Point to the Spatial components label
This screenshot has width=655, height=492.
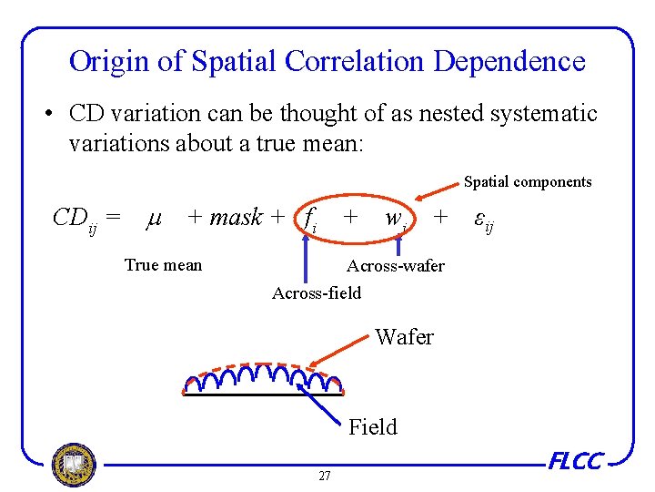(528, 182)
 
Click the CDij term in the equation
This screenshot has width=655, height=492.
(80, 219)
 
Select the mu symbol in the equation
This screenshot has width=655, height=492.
(154, 219)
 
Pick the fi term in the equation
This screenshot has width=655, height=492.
(310, 220)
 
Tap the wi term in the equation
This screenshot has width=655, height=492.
(395, 220)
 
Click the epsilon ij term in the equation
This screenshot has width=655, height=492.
(484, 220)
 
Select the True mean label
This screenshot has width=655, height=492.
(163, 265)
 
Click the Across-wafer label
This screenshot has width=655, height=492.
(396, 266)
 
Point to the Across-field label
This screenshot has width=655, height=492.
(317, 292)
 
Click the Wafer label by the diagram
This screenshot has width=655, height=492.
(404, 337)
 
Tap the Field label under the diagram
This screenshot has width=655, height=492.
(373, 426)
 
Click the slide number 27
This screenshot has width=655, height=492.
(325, 476)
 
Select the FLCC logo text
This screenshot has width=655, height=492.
(575, 462)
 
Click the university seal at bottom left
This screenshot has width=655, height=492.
(74, 466)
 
